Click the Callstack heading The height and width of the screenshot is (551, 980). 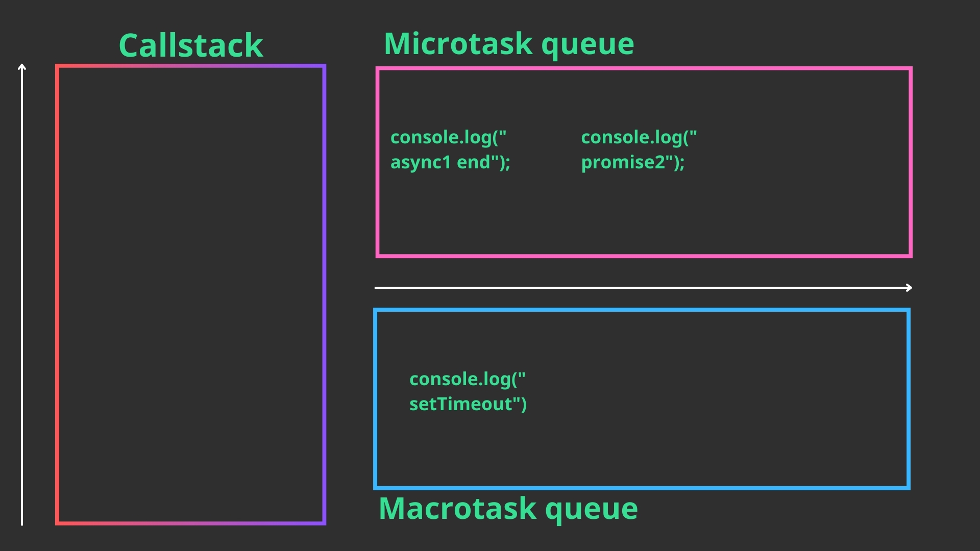point(191,45)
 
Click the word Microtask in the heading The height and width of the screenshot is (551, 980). point(459,43)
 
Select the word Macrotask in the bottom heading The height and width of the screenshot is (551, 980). point(458,509)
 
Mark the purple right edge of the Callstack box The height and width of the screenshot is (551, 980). point(324,294)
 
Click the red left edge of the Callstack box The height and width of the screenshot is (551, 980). point(58,294)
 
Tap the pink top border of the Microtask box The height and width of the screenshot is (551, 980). point(644,68)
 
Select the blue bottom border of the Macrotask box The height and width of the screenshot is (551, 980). point(642,488)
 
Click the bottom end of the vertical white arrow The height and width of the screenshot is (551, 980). point(22,524)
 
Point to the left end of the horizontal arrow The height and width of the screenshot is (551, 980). point(376,288)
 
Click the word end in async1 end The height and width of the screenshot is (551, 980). point(474,163)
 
